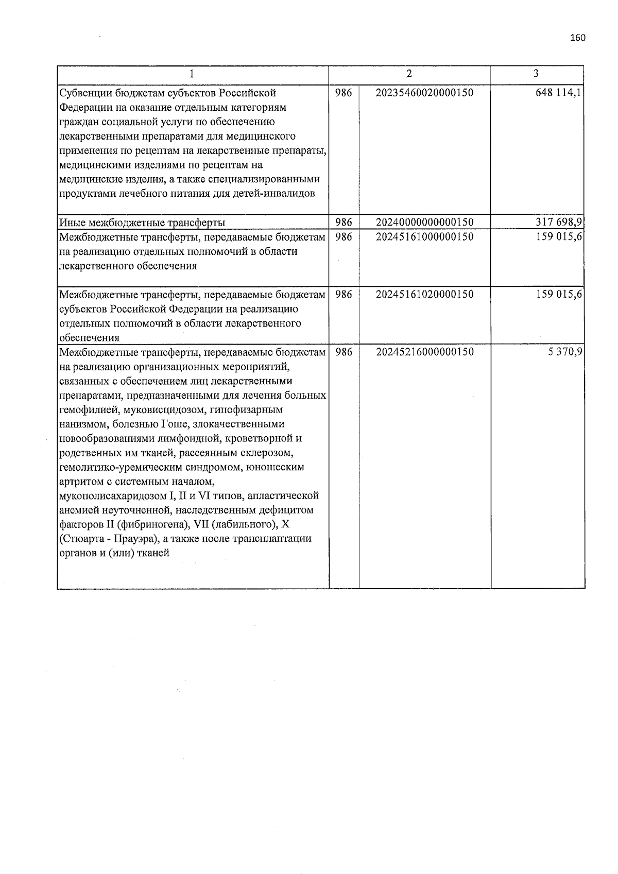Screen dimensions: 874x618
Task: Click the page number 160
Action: pyautogui.click(x=578, y=38)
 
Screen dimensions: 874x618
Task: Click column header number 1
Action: pyautogui.click(x=192, y=74)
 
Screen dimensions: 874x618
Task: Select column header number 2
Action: pyautogui.click(x=409, y=74)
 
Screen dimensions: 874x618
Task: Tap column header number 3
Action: pyautogui.click(x=536, y=74)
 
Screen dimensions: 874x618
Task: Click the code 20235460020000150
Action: pyautogui.click(x=425, y=93)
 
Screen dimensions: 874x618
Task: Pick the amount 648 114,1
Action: pyautogui.click(x=559, y=93)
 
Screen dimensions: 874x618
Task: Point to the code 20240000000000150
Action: pyautogui.click(x=425, y=222)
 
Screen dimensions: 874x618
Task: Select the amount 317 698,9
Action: pyautogui.click(x=559, y=222)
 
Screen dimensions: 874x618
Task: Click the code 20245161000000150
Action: pyautogui.click(x=425, y=237)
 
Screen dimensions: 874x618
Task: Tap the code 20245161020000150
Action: pyautogui.click(x=425, y=295)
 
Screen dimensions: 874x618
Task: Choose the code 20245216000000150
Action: pyautogui.click(x=425, y=352)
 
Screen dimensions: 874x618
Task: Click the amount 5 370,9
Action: pyautogui.click(x=565, y=352)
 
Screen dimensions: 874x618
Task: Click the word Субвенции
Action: pyautogui.click(x=84, y=93)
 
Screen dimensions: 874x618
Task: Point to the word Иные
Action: pyautogui.click(x=73, y=223)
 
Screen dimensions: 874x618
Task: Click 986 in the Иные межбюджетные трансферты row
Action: pyautogui.click(x=344, y=222)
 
